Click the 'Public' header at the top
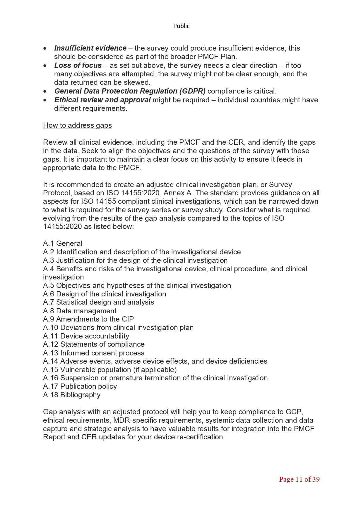[181, 26]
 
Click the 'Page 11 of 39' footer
[299, 479]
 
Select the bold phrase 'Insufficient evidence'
[90, 48]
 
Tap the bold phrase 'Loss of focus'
[78, 65]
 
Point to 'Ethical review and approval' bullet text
[102, 100]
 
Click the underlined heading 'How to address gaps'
[77, 125]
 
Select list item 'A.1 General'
[63, 243]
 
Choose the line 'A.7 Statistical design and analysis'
[98, 302]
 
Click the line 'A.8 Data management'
[80, 311]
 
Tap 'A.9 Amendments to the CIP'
[88, 319]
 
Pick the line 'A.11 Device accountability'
[86, 336]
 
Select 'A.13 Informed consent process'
[94, 353]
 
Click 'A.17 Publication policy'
[80, 386]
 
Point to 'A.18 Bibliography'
[72, 395]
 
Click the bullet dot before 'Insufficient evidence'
[45, 48]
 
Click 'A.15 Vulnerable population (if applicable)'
[110, 370]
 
